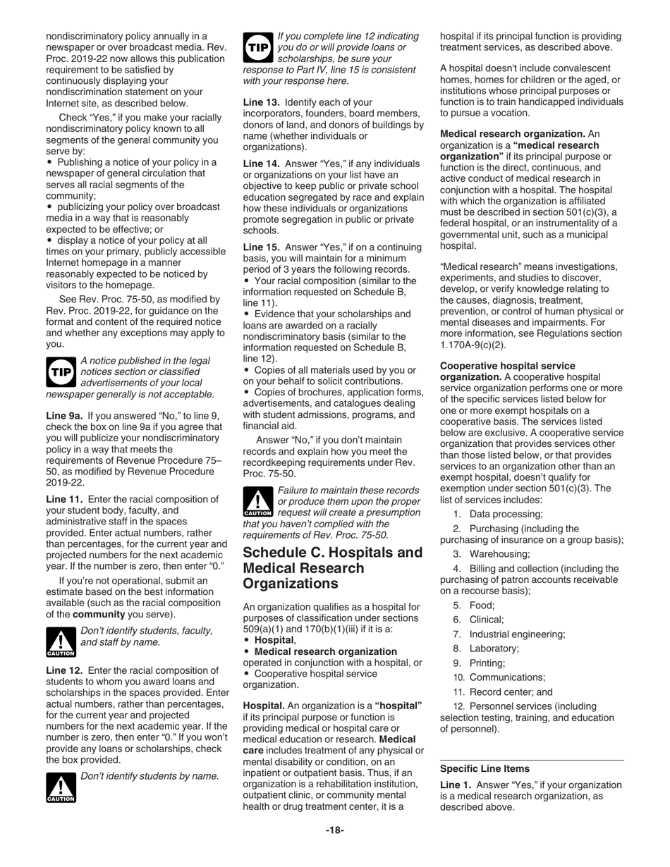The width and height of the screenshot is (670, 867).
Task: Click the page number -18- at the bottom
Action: pos(334,830)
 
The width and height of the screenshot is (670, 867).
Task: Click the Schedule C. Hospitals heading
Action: pos(333,567)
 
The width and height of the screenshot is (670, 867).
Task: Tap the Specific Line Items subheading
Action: pos(485,768)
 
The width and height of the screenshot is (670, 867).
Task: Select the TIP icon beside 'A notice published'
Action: pos(61,371)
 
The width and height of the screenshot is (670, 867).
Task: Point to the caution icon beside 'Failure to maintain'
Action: pos(257,502)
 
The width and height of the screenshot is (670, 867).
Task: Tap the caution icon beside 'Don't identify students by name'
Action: pos(61,787)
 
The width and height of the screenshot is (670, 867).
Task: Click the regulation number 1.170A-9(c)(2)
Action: pos(473,345)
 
